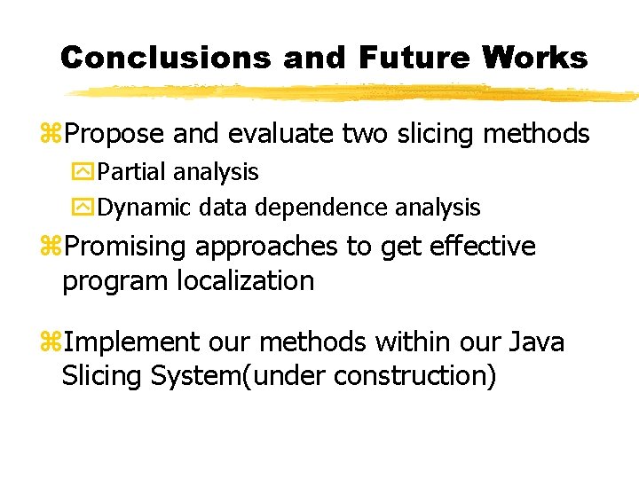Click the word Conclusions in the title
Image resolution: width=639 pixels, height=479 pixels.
tap(165, 58)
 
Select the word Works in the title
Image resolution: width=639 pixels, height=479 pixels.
tap(535, 58)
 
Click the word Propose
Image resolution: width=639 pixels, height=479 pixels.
tap(114, 135)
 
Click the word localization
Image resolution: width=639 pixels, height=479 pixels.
tap(247, 281)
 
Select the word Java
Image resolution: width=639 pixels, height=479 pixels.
tap(537, 342)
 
